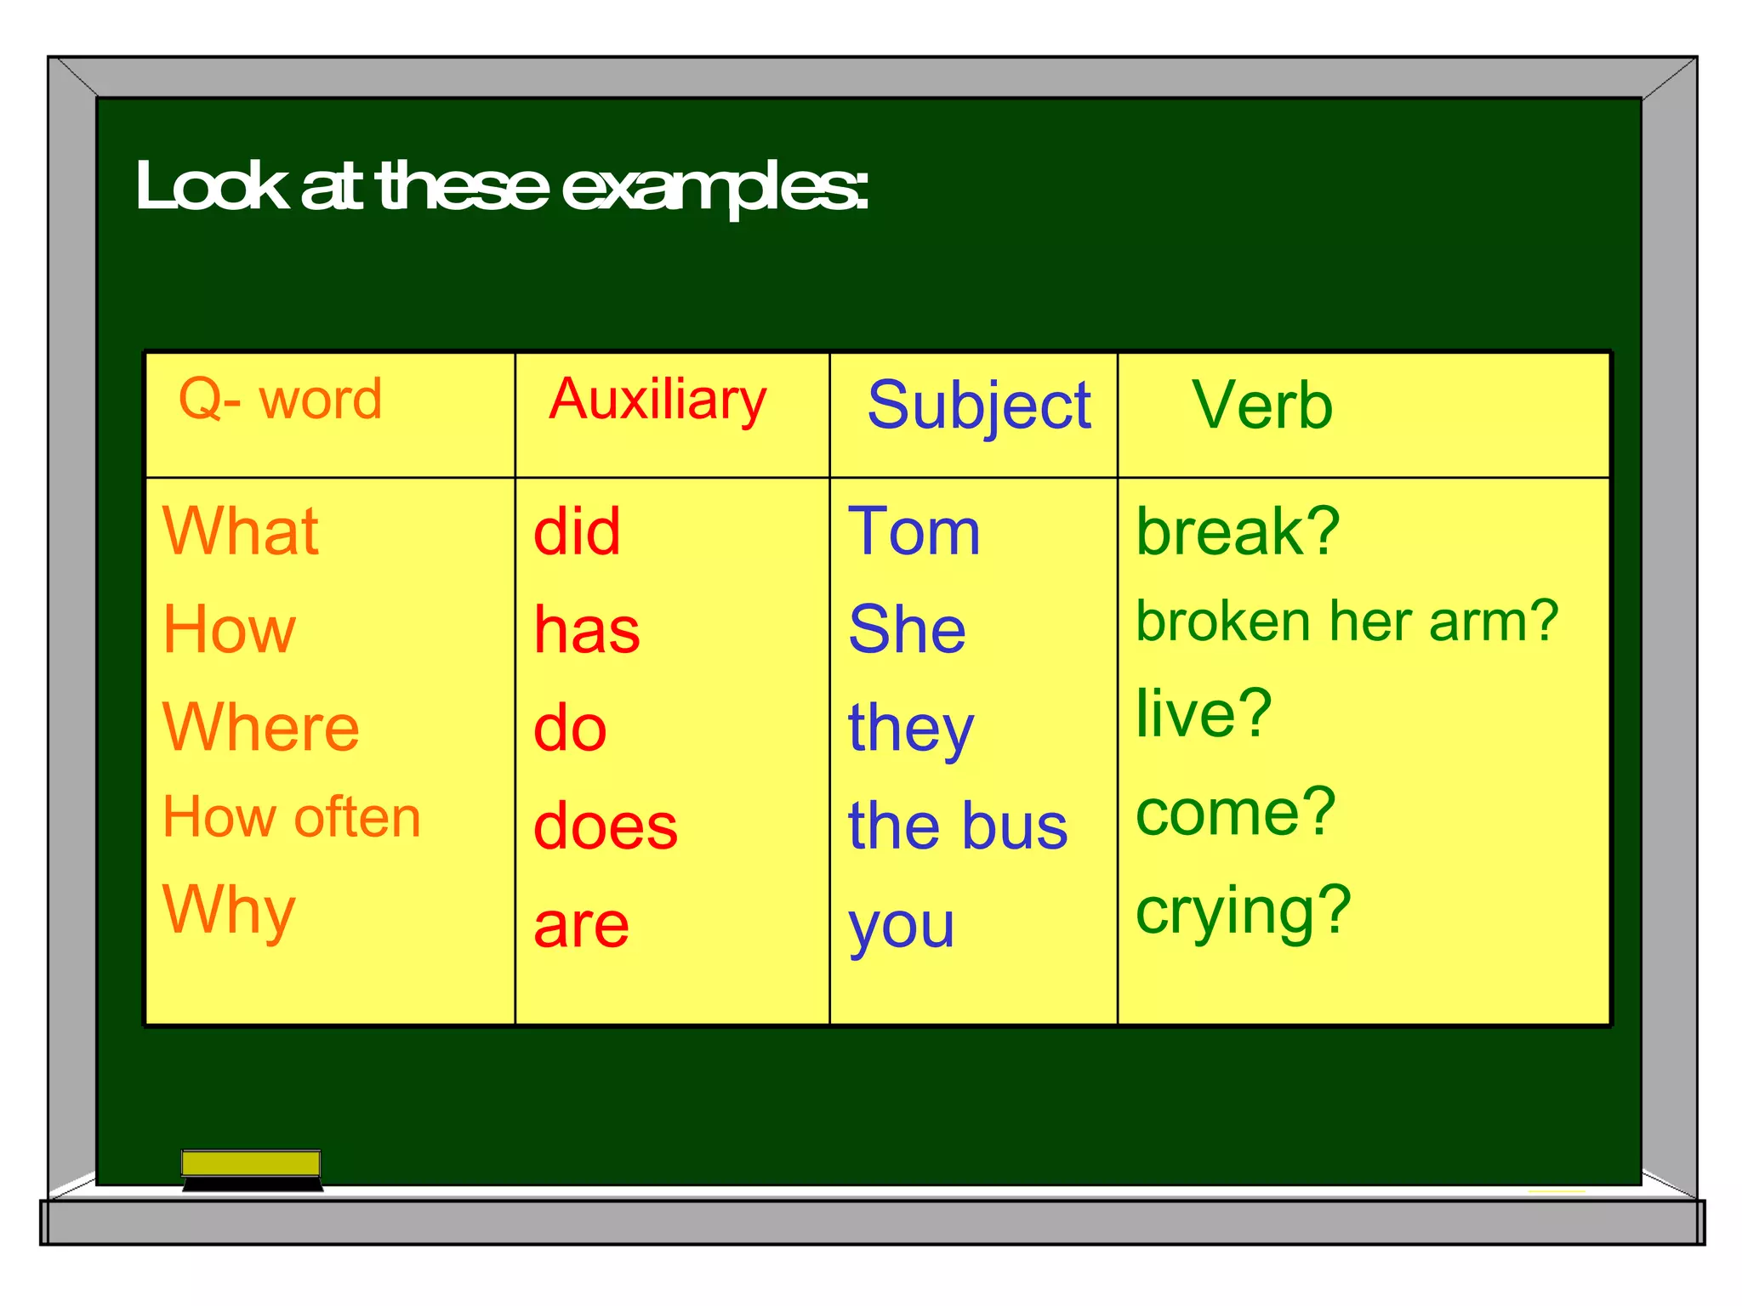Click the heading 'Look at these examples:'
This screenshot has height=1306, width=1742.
[502, 187]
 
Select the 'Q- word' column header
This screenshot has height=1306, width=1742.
[280, 399]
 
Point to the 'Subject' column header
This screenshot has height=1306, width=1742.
[978, 406]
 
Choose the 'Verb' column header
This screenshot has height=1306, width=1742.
[1262, 406]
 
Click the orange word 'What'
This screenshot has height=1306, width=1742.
[241, 531]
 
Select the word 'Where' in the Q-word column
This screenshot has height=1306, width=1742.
[261, 728]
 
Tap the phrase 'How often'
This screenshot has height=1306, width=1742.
[292, 817]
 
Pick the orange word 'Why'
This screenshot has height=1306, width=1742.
[229, 910]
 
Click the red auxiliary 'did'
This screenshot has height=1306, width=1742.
[577, 531]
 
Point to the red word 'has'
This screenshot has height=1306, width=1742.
[587, 630]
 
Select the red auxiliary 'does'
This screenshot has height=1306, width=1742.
[606, 826]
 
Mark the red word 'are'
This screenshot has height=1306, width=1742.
[582, 925]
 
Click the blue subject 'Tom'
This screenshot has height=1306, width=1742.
[914, 531]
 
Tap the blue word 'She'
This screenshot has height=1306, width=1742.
[908, 630]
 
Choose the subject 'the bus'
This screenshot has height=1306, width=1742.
[958, 826]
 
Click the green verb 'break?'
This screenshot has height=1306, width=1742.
[1238, 531]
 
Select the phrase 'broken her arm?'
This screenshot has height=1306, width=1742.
[1347, 621]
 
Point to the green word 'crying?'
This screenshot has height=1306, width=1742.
[1244, 910]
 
